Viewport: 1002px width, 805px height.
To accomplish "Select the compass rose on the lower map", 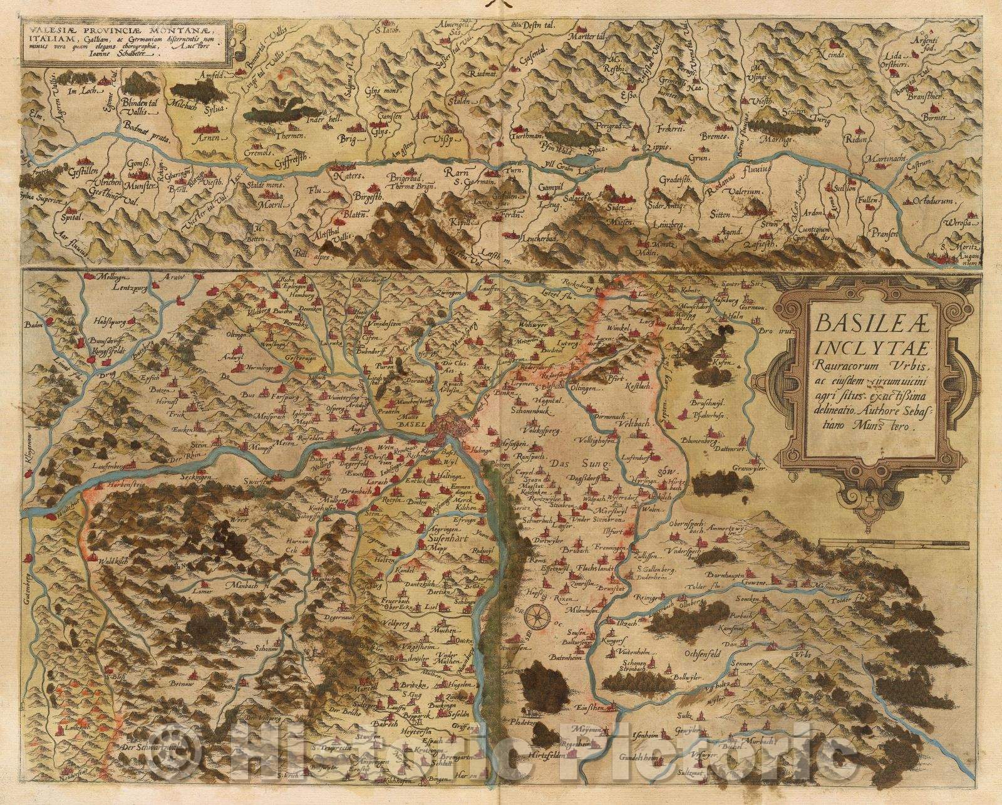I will [537, 616].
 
